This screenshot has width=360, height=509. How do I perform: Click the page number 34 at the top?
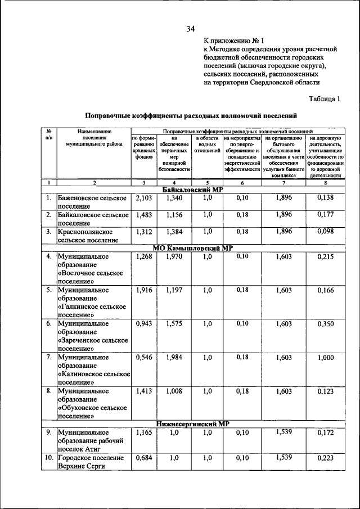pos(191,29)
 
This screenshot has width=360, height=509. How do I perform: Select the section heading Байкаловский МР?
pos(193,190)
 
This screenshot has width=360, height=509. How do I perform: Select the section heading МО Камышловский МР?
pos(193,248)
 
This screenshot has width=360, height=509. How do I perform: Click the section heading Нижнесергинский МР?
pos(193,424)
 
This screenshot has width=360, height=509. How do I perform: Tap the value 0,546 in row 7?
pos(144,357)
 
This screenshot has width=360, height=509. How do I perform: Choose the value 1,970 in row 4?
pos(175,256)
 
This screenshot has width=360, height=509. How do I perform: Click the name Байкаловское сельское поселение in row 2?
pos(93,219)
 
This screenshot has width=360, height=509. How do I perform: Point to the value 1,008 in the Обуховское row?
pos(175,391)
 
